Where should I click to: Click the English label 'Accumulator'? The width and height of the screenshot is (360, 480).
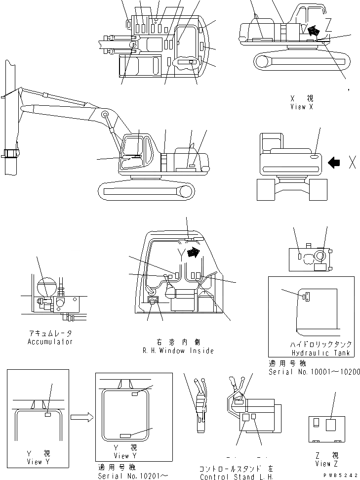coord(50,342)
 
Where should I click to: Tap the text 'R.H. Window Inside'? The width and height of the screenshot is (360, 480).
coord(178,350)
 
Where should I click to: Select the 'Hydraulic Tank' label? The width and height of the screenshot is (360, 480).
coord(320,353)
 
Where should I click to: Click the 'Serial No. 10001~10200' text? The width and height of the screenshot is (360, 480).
coord(314,371)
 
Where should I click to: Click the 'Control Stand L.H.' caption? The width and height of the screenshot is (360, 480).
coord(237,477)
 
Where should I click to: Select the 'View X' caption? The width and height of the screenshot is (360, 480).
coord(302,106)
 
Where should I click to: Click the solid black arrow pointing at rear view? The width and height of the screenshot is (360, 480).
coord(335,162)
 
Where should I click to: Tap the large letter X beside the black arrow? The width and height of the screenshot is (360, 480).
coord(352,162)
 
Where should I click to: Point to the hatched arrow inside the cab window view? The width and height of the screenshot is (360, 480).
coord(196,253)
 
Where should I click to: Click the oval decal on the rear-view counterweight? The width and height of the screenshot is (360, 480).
coord(315,157)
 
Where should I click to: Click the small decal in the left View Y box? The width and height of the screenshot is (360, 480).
coord(48,415)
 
